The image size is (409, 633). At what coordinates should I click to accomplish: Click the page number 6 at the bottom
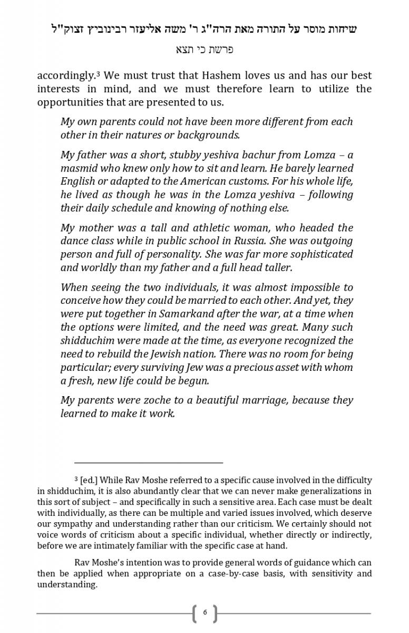pyautogui.click(x=204, y=613)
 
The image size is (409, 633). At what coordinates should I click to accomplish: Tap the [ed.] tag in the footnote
pyautogui.click(x=89, y=481)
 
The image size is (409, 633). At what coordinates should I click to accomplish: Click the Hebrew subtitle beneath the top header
pyautogui.click(x=204, y=50)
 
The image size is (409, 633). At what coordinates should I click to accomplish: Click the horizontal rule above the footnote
pyautogui.click(x=149, y=463)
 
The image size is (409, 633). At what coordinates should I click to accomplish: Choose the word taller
pyautogui.click(x=276, y=267)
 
